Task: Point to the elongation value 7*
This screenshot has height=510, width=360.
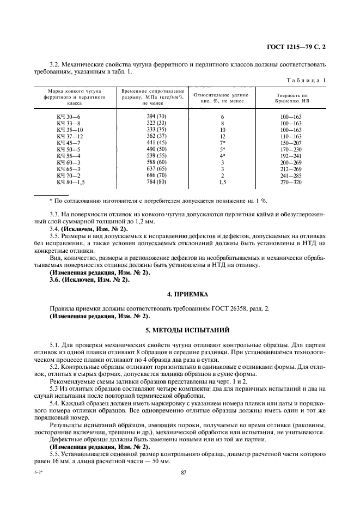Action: click(223, 143)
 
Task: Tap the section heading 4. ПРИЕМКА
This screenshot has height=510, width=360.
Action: click(180, 294)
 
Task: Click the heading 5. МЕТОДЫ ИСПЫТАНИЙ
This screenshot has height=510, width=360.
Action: click(180, 330)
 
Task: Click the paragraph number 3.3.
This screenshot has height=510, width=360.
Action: click(55, 215)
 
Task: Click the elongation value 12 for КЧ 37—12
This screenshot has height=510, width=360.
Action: click(222, 136)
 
